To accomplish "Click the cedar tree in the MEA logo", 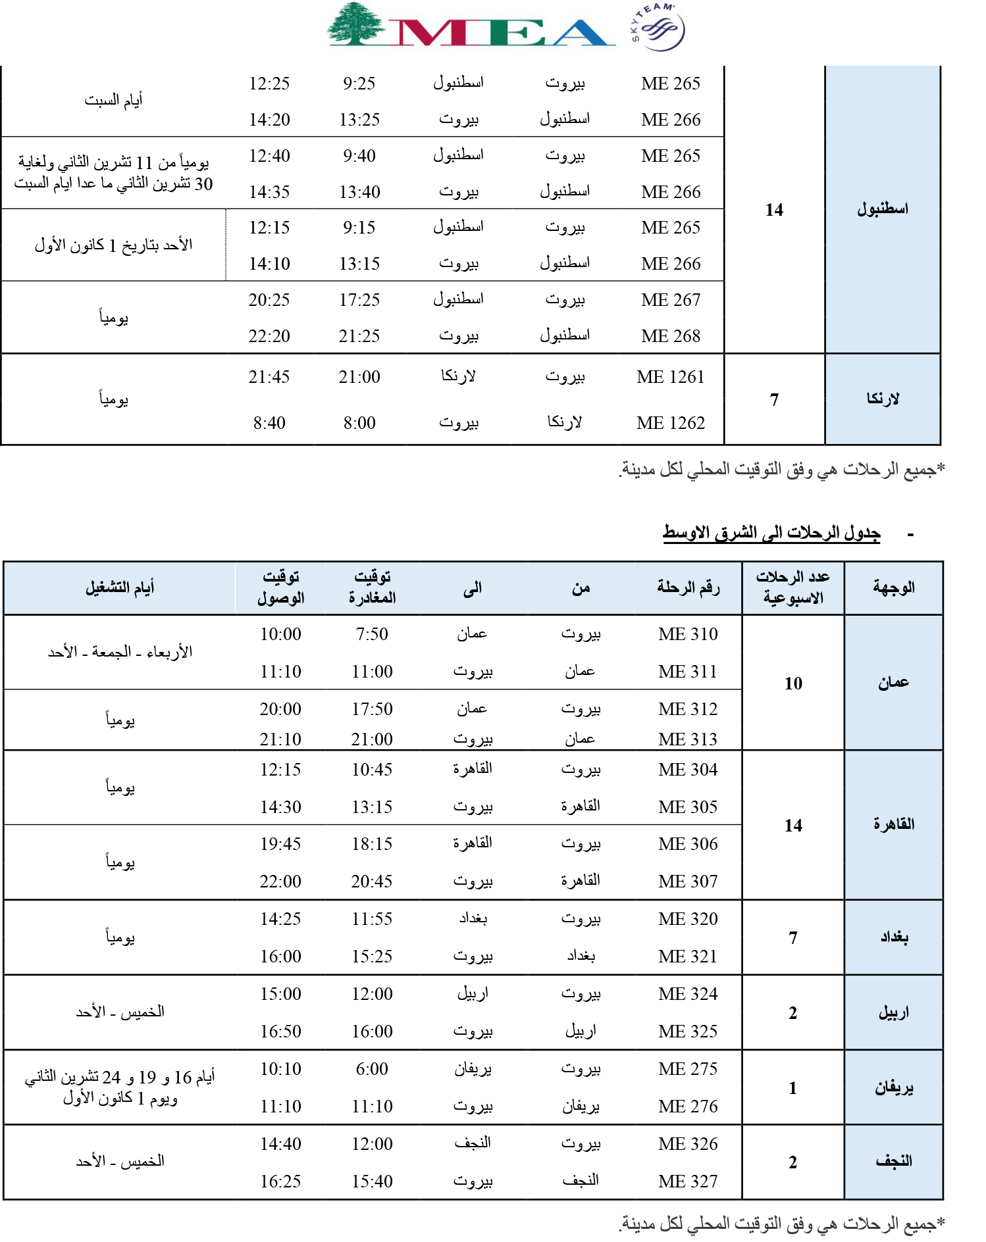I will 356,24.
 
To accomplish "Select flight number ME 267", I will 671,300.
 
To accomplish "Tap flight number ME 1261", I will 670,377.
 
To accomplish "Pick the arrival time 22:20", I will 269,336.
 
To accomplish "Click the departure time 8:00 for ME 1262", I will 359,423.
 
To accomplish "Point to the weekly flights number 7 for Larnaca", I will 774,399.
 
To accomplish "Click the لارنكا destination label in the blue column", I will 883,399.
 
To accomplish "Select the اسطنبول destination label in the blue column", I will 883,209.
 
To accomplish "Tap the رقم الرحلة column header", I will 688,587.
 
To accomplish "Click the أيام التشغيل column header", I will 120,587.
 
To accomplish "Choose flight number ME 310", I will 688,634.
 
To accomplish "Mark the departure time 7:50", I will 372,634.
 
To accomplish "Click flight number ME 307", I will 688,882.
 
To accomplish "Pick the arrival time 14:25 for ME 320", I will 280,919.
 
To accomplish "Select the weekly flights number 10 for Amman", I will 793,683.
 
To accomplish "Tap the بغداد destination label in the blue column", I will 894,937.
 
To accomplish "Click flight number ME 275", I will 688,1069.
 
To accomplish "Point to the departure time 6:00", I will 372,1069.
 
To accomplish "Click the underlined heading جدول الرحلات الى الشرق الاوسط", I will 771,533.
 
